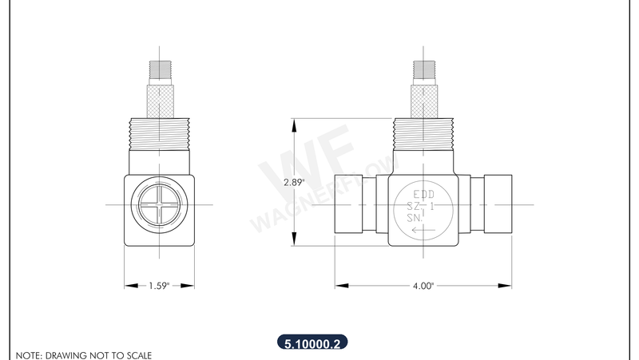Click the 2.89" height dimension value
pos(294,182)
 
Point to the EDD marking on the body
pos(423,194)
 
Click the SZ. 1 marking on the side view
pos(421,206)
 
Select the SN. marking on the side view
pos(415,217)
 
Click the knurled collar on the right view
pos(423,101)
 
